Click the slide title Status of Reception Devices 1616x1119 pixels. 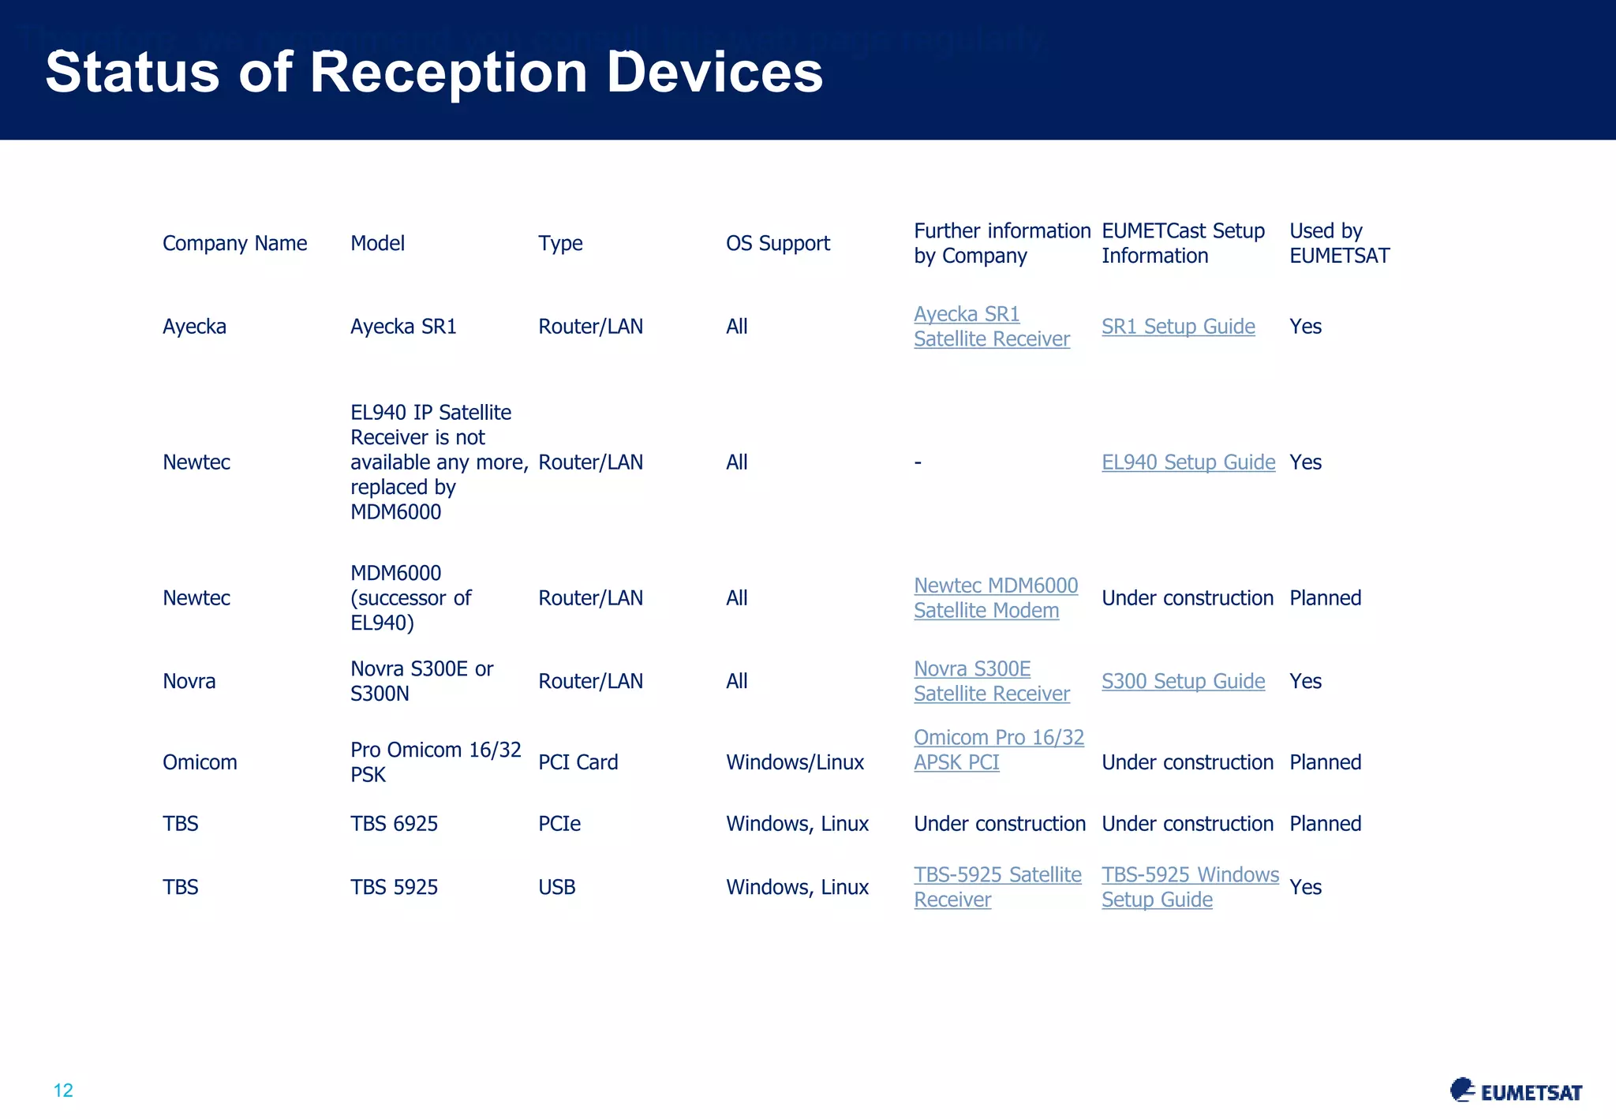click(434, 73)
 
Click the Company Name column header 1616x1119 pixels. click(234, 243)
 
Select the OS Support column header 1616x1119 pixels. click(777, 243)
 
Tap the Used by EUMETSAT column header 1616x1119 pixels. click(1339, 243)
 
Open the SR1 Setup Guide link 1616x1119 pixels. click(1177, 327)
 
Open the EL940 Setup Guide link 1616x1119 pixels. click(1188, 462)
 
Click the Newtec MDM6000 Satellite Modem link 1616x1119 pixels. click(995, 598)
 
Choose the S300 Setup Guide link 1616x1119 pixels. click(1183, 681)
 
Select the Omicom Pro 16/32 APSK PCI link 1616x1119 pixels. click(998, 750)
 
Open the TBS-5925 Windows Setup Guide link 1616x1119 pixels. click(1189, 887)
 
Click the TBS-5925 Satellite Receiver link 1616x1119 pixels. click(997, 887)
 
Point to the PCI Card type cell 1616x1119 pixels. click(578, 762)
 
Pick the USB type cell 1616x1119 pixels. click(556, 887)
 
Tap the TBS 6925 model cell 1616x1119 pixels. click(394, 824)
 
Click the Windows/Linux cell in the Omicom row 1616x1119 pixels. click(795, 762)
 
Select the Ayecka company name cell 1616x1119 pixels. click(194, 327)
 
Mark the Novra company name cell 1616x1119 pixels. click(189, 681)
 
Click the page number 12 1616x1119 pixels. click(63, 1091)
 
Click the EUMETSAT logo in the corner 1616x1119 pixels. click(1516, 1091)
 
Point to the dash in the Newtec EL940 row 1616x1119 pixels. click(918, 463)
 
